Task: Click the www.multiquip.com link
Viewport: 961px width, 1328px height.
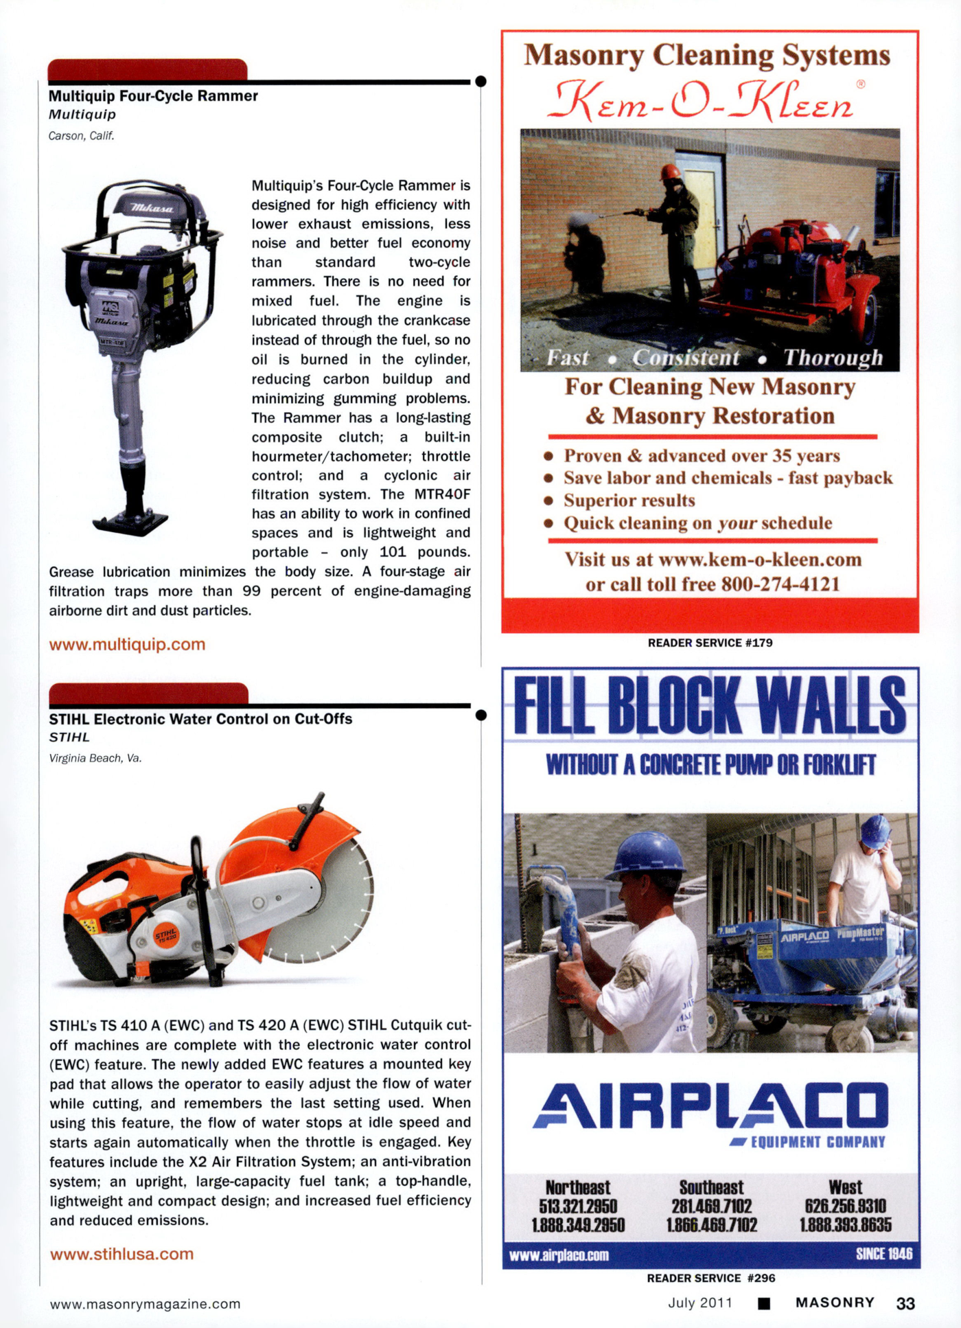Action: tap(127, 644)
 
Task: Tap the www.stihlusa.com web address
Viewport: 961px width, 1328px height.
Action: tap(121, 1254)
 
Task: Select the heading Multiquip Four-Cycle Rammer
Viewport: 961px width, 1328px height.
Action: tap(153, 96)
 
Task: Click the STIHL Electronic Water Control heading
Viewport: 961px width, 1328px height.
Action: tap(200, 719)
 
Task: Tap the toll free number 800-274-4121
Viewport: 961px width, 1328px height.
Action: tap(780, 584)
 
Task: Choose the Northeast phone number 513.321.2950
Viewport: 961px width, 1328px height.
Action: tap(578, 1206)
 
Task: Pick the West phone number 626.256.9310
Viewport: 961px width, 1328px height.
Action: tap(845, 1206)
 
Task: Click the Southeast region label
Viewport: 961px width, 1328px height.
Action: tap(711, 1187)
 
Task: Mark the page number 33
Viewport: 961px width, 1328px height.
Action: tap(905, 1303)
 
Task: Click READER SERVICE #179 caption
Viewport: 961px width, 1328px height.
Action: tap(710, 643)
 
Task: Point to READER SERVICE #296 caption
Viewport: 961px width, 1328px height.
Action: tap(710, 1278)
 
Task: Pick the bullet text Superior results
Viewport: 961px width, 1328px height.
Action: tap(629, 501)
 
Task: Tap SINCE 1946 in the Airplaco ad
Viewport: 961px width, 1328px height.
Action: tap(883, 1255)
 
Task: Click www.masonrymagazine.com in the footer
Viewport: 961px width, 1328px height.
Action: tap(145, 1304)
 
